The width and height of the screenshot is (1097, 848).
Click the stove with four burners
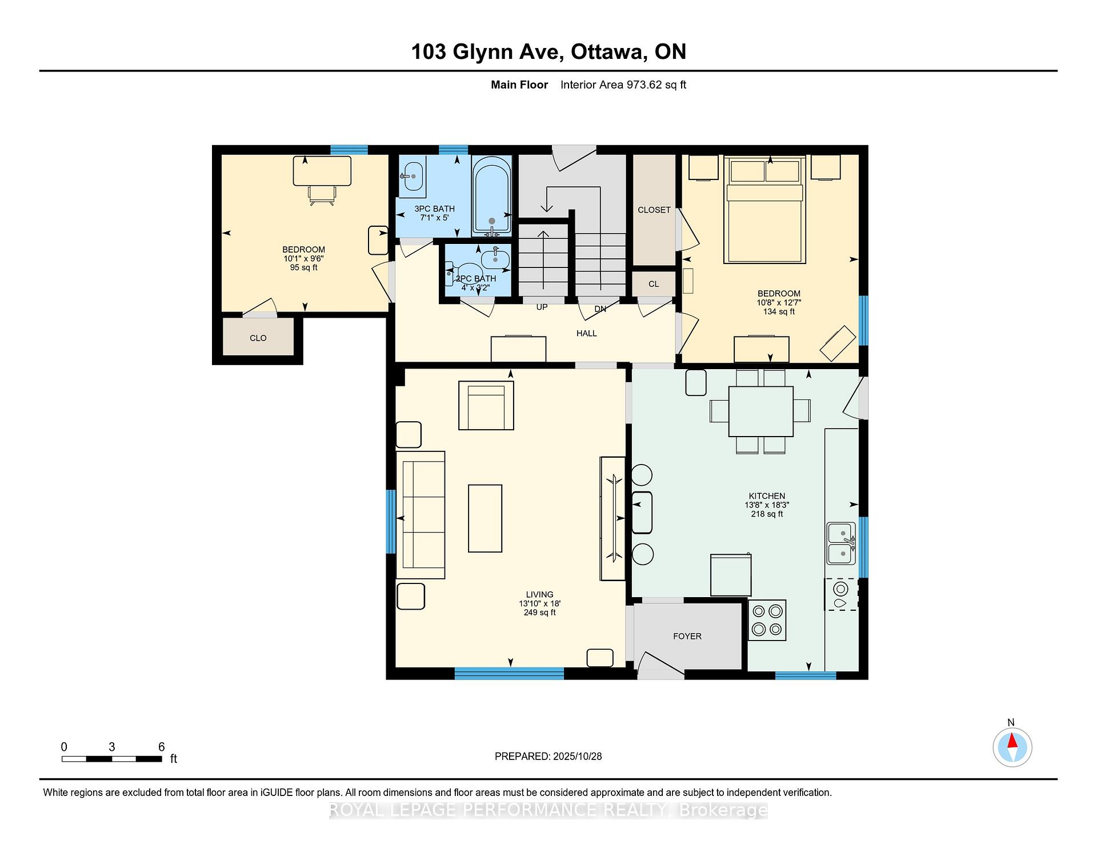coord(767,620)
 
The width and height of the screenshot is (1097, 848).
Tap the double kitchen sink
coord(842,543)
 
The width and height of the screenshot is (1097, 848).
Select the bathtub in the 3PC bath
coord(492,196)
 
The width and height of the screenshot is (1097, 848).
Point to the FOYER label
coord(687,636)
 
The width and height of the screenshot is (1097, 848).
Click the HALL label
coord(587,333)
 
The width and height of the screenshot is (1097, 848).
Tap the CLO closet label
coord(258,338)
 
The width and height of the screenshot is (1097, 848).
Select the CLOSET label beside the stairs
coord(654,210)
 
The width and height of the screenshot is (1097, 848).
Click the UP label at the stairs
coord(542,307)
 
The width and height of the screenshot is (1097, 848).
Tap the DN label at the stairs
coord(600,309)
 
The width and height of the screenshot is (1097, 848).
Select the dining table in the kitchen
coord(760,411)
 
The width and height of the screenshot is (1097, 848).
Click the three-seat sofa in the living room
coord(421,515)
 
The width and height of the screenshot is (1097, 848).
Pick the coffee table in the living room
coord(485,518)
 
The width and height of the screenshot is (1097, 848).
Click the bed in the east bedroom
coord(764,210)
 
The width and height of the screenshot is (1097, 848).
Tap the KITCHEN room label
coord(767,496)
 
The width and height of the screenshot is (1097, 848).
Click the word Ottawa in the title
coord(609,52)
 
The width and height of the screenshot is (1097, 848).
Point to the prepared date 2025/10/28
coord(578,757)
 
